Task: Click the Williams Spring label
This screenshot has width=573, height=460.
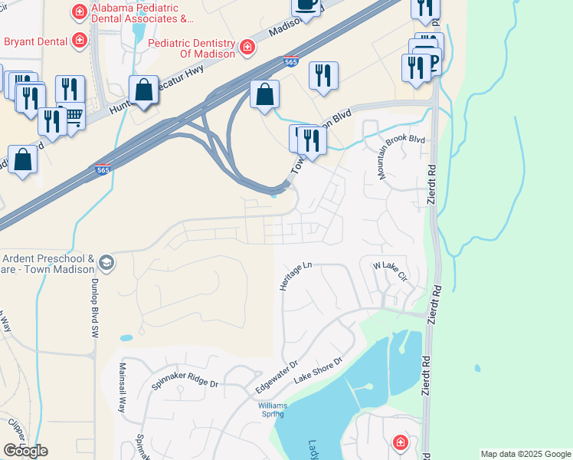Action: point(271,409)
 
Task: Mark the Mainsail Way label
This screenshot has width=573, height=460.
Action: point(121,388)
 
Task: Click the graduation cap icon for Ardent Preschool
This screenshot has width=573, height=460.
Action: point(106,263)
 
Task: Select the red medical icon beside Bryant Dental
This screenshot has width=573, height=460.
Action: point(79,39)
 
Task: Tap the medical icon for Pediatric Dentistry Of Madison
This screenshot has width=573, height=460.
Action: point(247,48)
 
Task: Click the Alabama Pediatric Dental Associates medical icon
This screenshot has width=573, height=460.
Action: point(78,11)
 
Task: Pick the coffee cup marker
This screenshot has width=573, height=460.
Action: point(306,5)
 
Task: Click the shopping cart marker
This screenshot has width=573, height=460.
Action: point(72,117)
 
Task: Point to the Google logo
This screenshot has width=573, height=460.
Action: point(25,451)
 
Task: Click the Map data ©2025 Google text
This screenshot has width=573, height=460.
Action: point(526,454)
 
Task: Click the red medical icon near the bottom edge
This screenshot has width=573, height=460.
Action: point(400,442)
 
